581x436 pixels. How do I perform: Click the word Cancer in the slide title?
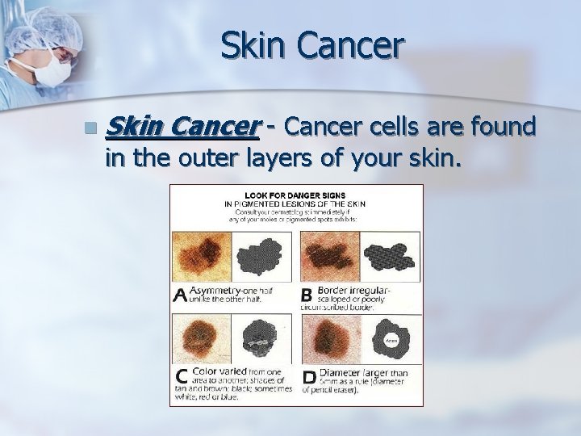[x=351, y=46]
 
